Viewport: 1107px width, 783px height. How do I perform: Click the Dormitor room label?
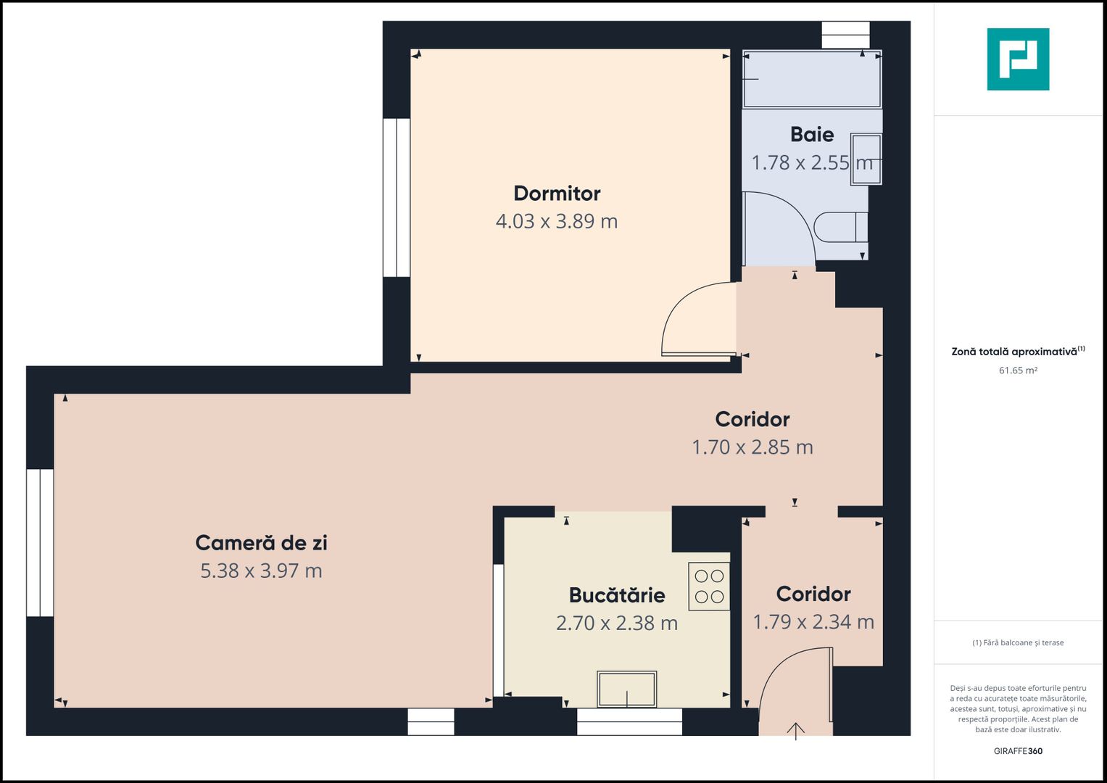pyautogui.click(x=557, y=194)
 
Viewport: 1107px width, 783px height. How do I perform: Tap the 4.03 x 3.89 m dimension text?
pyautogui.click(x=557, y=221)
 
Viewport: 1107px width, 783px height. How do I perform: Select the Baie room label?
pyautogui.click(x=812, y=134)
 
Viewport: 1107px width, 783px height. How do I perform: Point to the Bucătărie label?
pyautogui.click(x=617, y=595)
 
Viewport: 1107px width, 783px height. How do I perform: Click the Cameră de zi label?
pyautogui.click(x=262, y=543)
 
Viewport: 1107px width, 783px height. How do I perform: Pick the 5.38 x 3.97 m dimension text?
pyautogui.click(x=262, y=571)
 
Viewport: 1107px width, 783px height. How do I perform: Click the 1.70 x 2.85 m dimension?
pyautogui.click(x=752, y=447)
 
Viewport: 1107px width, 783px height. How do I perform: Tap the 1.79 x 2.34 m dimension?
pyautogui.click(x=813, y=622)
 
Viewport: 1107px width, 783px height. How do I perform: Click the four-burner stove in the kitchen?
pyautogui.click(x=709, y=587)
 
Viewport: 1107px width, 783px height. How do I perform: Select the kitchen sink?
pyautogui.click(x=626, y=689)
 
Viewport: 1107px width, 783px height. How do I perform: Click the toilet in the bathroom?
pyautogui.click(x=841, y=228)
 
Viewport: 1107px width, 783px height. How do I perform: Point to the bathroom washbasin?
pyautogui.click(x=866, y=159)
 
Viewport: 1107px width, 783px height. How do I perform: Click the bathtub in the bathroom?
pyautogui.click(x=812, y=79)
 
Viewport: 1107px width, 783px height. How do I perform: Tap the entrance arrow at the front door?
pyautogui.click(x=796, y=732)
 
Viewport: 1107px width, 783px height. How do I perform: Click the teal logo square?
pyautogui.click(x=1018, y=59)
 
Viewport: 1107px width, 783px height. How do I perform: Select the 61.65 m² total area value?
pyautogui.click(x=1018, y=370)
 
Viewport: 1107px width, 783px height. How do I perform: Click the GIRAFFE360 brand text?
pyautogui.click(x=1018, y=751)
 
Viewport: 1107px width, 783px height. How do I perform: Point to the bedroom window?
pyautogui.click(x=397, y=198)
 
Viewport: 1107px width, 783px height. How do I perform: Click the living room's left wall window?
pyautogui.click(x=40, y=543)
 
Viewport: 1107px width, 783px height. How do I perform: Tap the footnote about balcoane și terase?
pyautogui.click(x=1018, y=642)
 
